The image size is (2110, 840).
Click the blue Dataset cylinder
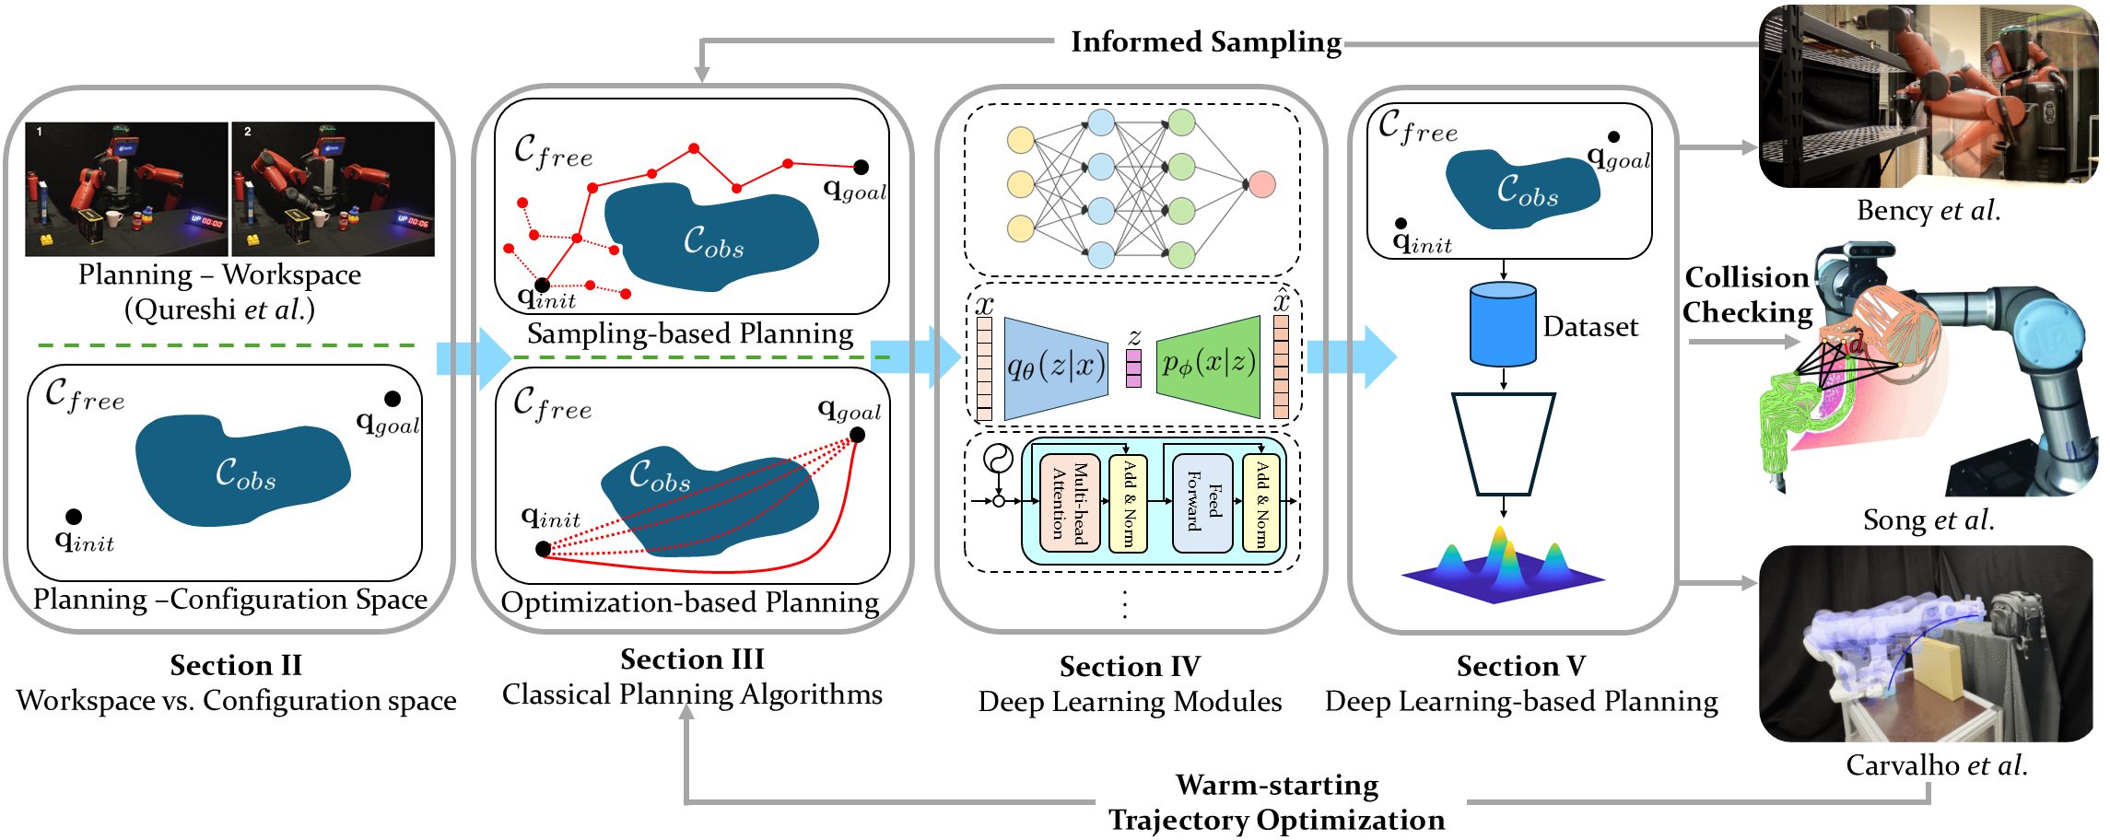[x=1503, y=324]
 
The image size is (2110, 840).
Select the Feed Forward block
[x=1202, y=502]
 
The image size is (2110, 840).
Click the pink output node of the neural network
[x=1261, y=184]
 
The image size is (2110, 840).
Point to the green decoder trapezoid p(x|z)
[x=1209, y=367]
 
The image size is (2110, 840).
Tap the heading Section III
[x=692, y=659]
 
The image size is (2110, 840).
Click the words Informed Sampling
[x=1205, y=42]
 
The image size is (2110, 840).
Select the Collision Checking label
[x=1747, y=295]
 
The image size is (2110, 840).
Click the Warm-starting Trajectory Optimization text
[x=1277, y=802]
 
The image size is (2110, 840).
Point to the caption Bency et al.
[x=1928, y=211]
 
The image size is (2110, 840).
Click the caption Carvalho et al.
[x=1936, y=765]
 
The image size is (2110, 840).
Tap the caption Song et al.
[x=1928, y=520]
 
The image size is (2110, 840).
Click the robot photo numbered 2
[x=333, y=189]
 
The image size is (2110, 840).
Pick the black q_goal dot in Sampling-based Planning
[x=861, y=167]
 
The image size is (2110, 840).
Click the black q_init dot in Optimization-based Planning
[x=544, y=549]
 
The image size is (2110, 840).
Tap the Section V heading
[x=1520, y=666]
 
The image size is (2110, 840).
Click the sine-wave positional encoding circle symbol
[x=998, y=458]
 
